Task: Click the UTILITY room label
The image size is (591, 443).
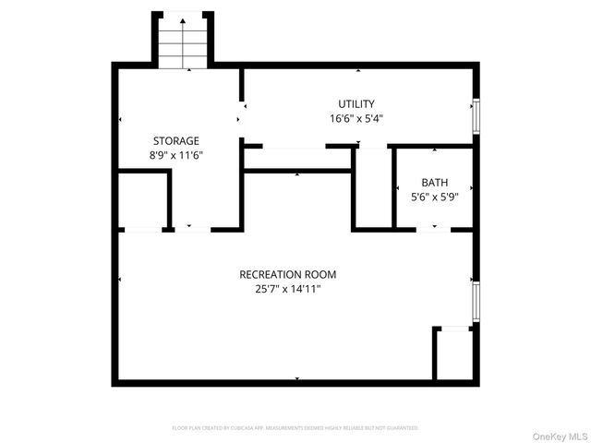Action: click(356, 104)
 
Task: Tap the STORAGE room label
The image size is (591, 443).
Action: click(175, 141)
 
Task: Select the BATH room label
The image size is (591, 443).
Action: click(434, 183)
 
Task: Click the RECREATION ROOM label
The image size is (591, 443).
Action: click(287, 274)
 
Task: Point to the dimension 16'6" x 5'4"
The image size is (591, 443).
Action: click(356, 118)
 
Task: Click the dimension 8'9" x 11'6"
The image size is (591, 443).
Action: click(176, 155)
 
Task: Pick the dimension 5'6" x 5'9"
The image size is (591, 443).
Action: click(434, 197)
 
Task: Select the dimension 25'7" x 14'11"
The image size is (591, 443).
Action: click(287, 289)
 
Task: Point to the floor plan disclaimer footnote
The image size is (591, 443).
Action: click(295, 428)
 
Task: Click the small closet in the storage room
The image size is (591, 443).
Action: click(142, 200)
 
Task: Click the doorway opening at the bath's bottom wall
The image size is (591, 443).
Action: click(434, 228)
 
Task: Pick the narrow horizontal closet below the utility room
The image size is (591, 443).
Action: click(296, 159)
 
